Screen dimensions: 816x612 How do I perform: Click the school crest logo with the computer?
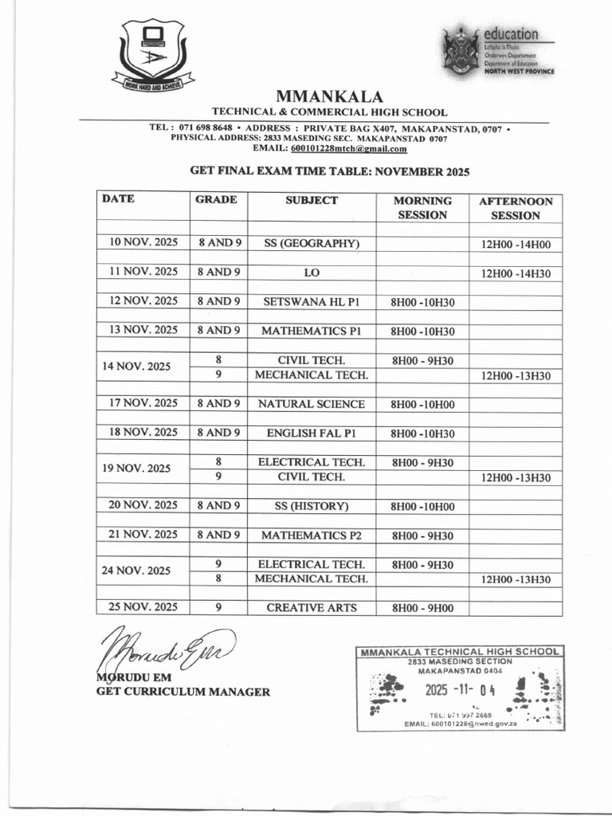(152, 53)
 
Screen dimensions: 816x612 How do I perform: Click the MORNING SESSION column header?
(422, 208)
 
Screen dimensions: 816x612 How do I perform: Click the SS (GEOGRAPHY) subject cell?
(312, 243)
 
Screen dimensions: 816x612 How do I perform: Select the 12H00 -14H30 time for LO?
(516, 273)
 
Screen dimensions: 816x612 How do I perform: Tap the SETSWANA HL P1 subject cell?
(312, 302)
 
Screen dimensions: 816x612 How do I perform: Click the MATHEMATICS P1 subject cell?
(312, 331)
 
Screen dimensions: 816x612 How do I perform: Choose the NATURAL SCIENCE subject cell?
(312, 404)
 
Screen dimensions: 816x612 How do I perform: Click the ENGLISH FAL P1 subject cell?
(312, 433)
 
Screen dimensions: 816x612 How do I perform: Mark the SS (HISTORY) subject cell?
(312, 505)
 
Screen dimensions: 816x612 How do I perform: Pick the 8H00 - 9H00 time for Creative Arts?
(422, 608)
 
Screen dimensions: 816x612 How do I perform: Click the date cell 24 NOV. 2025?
(137, 571)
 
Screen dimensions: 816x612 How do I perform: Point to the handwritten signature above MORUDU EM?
(165, 646)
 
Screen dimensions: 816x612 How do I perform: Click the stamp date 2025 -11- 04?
(460, 689)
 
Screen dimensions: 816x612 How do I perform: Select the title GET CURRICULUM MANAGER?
(182, 692)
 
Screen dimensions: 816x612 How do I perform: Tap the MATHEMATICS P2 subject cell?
(312, 535)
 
